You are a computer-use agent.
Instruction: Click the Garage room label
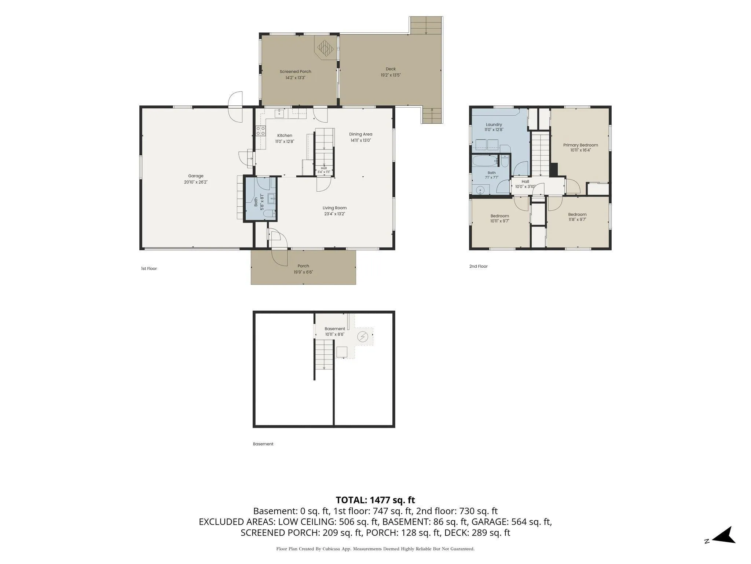pos(196,176)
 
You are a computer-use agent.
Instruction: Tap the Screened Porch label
pos(295,72)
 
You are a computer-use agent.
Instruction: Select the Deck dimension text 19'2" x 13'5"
pos(391,75)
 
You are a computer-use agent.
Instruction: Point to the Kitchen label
pos(285,135)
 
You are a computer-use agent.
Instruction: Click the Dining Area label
pos(360,134)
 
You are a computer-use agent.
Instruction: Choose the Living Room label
pos(334,208)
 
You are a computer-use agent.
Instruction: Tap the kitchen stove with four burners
pos(261,131)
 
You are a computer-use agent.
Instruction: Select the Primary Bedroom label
pos(580,145)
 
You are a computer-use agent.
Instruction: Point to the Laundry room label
pos(494,124)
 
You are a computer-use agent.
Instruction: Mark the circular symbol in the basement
pos(363,337)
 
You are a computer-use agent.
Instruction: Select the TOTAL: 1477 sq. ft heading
pos(375,500)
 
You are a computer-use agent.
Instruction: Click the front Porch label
pos(303,266)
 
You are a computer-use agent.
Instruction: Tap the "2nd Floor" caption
pos(479,266)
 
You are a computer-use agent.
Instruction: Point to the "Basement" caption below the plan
pos(263,444)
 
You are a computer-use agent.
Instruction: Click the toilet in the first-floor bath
pos(269,213)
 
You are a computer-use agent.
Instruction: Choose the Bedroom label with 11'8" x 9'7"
pos(577,214)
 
